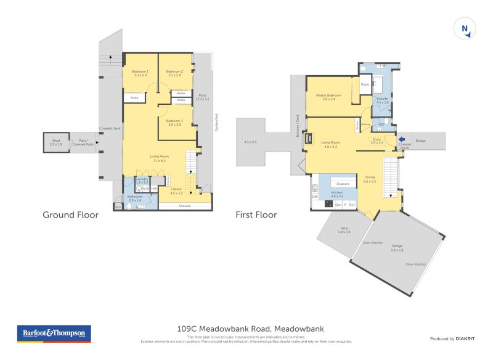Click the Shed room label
[55, 142]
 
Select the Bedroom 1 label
[140, 73]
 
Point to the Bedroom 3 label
[174, 123]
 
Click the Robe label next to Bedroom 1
[134, 97]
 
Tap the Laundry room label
[142, 181]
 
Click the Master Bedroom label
[328, 97]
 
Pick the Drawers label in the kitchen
[343, 184]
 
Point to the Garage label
[397, 247]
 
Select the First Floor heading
[256, 215]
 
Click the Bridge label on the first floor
[420, 141]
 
